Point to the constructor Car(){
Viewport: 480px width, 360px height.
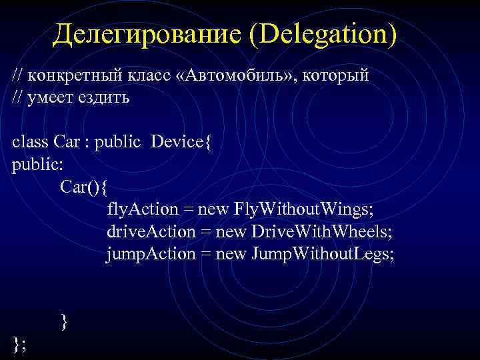[83, 187]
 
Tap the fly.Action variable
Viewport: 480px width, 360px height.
[142, 209]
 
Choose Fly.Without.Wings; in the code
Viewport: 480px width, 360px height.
[304, 209]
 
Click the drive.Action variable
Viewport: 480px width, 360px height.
[148, 232]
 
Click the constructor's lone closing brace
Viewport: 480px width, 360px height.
[64, 322]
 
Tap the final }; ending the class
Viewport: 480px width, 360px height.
[18, 344]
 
